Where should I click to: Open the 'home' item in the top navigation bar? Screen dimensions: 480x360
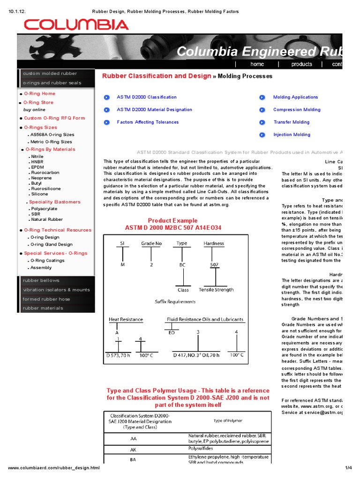[257, 64]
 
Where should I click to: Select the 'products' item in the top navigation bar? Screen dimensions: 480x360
[301, 64]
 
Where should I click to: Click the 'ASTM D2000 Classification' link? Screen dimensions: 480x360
[147, 97]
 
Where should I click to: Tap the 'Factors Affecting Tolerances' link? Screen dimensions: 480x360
[148, 122]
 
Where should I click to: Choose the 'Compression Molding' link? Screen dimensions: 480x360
[297, 110]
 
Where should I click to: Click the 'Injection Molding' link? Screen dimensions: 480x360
[292, 135]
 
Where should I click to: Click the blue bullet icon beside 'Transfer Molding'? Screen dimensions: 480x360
[262, 122]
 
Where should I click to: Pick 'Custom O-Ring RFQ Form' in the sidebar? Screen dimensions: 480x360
[54, 118]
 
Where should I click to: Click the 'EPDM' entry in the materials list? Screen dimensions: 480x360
[37, 167]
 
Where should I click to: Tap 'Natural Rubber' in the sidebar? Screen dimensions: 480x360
[46, 219]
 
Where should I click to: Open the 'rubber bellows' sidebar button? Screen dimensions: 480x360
[41, 280]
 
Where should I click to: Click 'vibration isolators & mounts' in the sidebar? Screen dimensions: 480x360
[56, 290]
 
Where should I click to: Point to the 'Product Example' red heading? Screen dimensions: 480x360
[172, 221]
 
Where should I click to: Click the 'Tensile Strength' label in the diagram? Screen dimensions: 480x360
[216, 290]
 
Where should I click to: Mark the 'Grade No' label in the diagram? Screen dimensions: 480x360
[151, 243]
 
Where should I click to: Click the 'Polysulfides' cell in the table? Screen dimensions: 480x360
[201, 448]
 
